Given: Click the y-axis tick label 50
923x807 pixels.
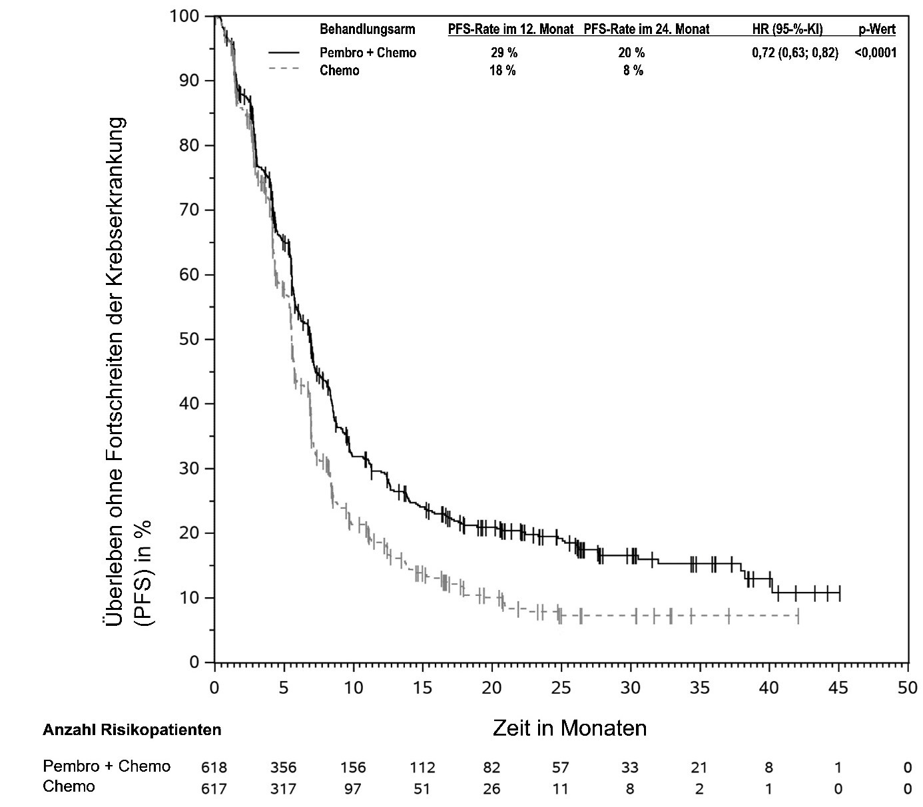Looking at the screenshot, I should tap(190, 339).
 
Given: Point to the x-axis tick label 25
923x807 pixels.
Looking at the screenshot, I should tap(561, 688).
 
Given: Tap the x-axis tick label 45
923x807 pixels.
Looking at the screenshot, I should tap(838, 688).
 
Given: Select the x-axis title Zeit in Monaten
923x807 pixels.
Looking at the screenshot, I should tap(569, 728).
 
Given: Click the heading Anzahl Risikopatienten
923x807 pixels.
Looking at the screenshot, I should tap(132, 730).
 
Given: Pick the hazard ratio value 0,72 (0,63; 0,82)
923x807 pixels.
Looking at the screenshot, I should tap(795, 53).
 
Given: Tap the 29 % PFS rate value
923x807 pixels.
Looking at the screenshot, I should tap(503, 53).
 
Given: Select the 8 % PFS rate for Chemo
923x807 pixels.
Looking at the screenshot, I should tap(633, 71).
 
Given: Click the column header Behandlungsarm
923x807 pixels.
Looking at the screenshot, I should tap(367, 29).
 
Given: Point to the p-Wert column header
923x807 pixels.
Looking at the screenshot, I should tap(877, 29).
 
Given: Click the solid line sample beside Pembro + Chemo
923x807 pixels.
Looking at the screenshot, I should tap(284, 52).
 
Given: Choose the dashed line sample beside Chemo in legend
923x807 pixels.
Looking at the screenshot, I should tap(284, 69).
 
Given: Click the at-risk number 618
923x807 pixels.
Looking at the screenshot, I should tap(214, 768).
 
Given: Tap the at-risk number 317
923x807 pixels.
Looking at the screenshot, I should tap(283, 789).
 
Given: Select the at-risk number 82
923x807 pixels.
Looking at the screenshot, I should tap(491, 768).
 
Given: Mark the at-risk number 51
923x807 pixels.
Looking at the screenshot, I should tap(422, 789).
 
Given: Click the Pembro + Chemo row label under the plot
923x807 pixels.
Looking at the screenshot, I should tap(107, 766).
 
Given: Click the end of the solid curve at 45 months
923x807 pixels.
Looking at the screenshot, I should tap(840, 593).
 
